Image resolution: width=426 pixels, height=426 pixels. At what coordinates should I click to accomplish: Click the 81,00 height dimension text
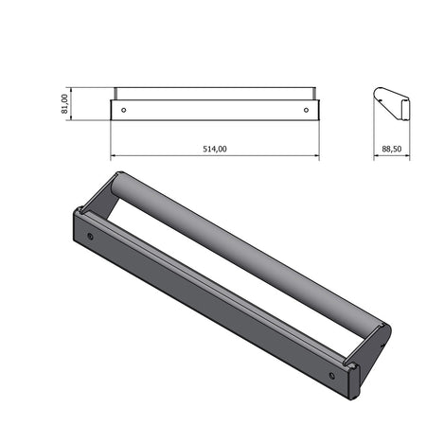tap(64, 104)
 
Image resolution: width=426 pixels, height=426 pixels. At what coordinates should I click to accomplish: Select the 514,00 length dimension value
tap(215, 149)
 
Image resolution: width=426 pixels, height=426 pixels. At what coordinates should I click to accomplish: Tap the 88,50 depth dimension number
tap(390, 149)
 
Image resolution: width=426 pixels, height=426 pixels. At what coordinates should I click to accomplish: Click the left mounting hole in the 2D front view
tap(124, 110)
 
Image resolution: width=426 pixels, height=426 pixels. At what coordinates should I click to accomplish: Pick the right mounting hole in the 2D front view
tap(305, 110)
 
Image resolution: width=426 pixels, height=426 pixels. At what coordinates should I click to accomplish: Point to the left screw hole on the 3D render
tap(90, 236)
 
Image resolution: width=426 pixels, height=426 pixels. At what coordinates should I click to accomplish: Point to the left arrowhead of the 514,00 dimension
tap(114, 156)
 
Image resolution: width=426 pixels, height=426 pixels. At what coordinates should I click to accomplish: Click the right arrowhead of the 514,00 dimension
tap(316, 156)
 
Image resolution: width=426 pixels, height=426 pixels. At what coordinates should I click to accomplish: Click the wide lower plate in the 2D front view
tap(215, 110)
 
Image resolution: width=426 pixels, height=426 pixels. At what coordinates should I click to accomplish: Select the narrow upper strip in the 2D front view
tap(215, 94)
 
